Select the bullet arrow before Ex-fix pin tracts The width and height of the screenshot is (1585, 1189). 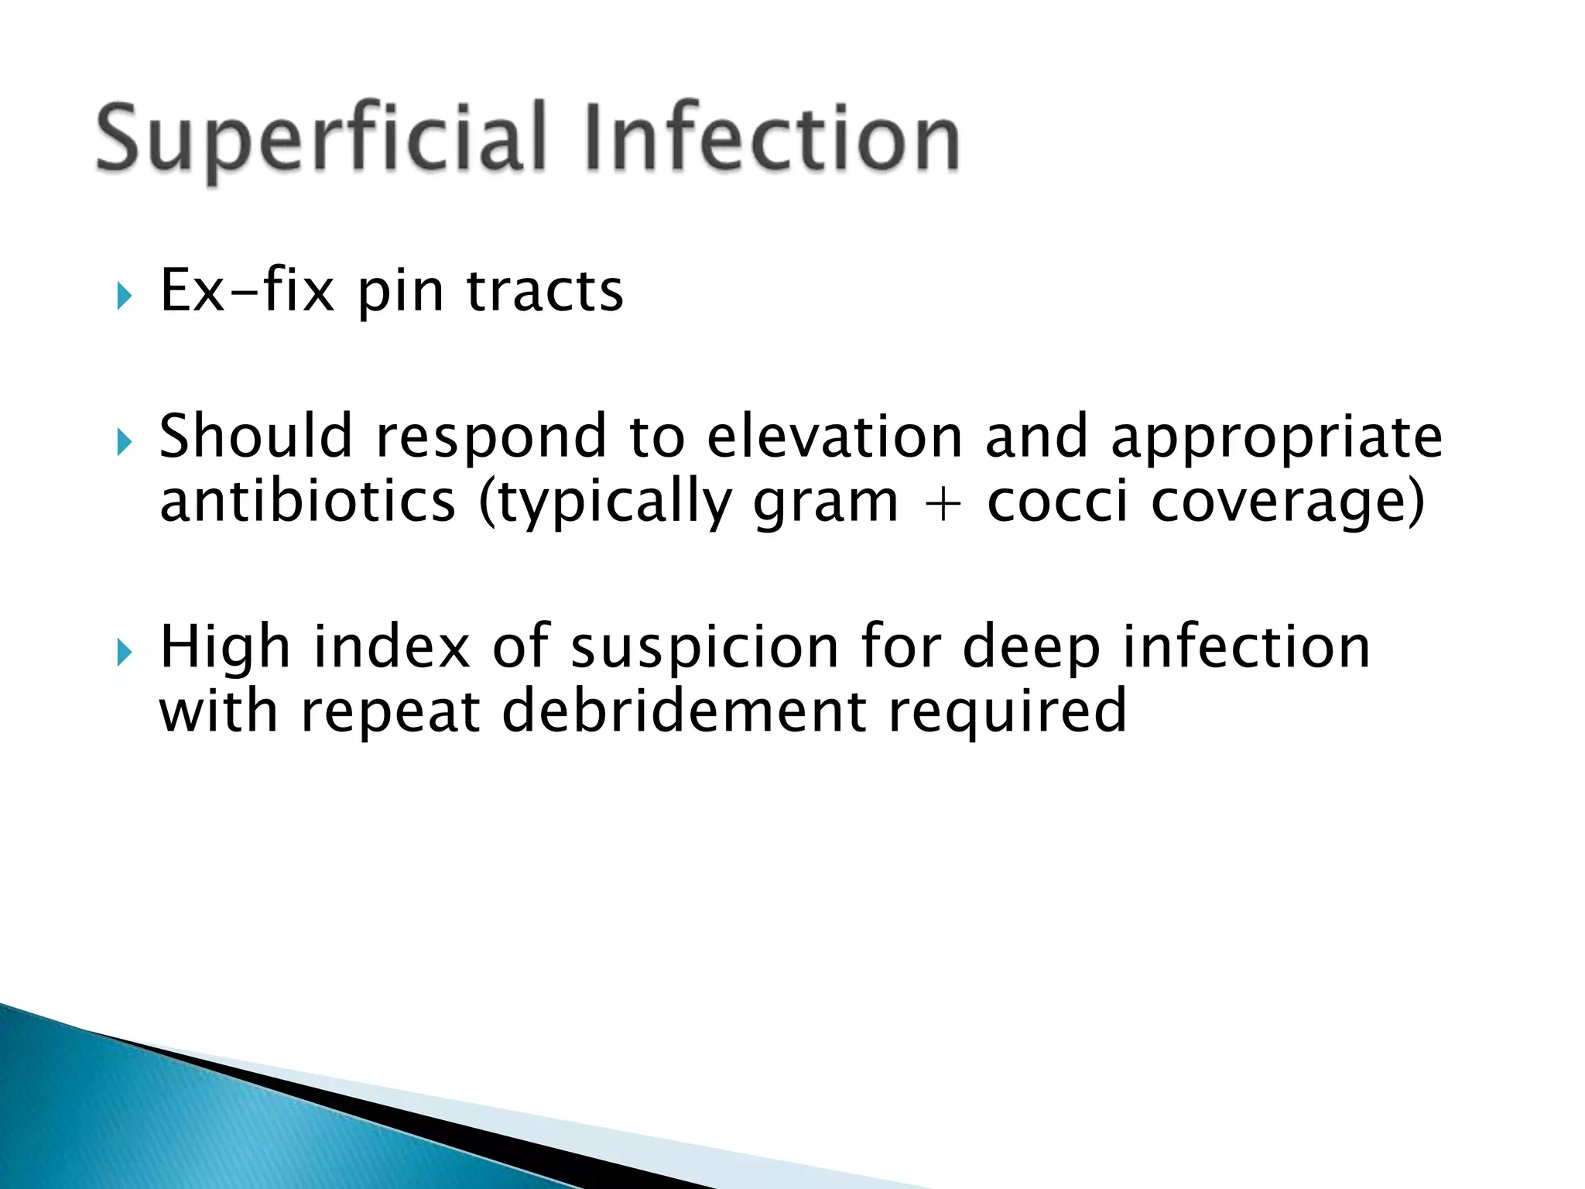(124, 296)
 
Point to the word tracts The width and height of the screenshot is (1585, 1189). (545, 290)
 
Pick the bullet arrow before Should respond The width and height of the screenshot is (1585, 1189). (124, 443)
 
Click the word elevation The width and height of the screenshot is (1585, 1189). (835, 436)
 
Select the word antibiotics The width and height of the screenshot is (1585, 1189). (307, 501)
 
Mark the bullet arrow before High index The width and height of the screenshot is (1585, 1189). (124, 653)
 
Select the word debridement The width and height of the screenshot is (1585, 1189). (684, 711)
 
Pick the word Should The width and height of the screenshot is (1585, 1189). (255, 436)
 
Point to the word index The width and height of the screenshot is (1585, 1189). (392, 646)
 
